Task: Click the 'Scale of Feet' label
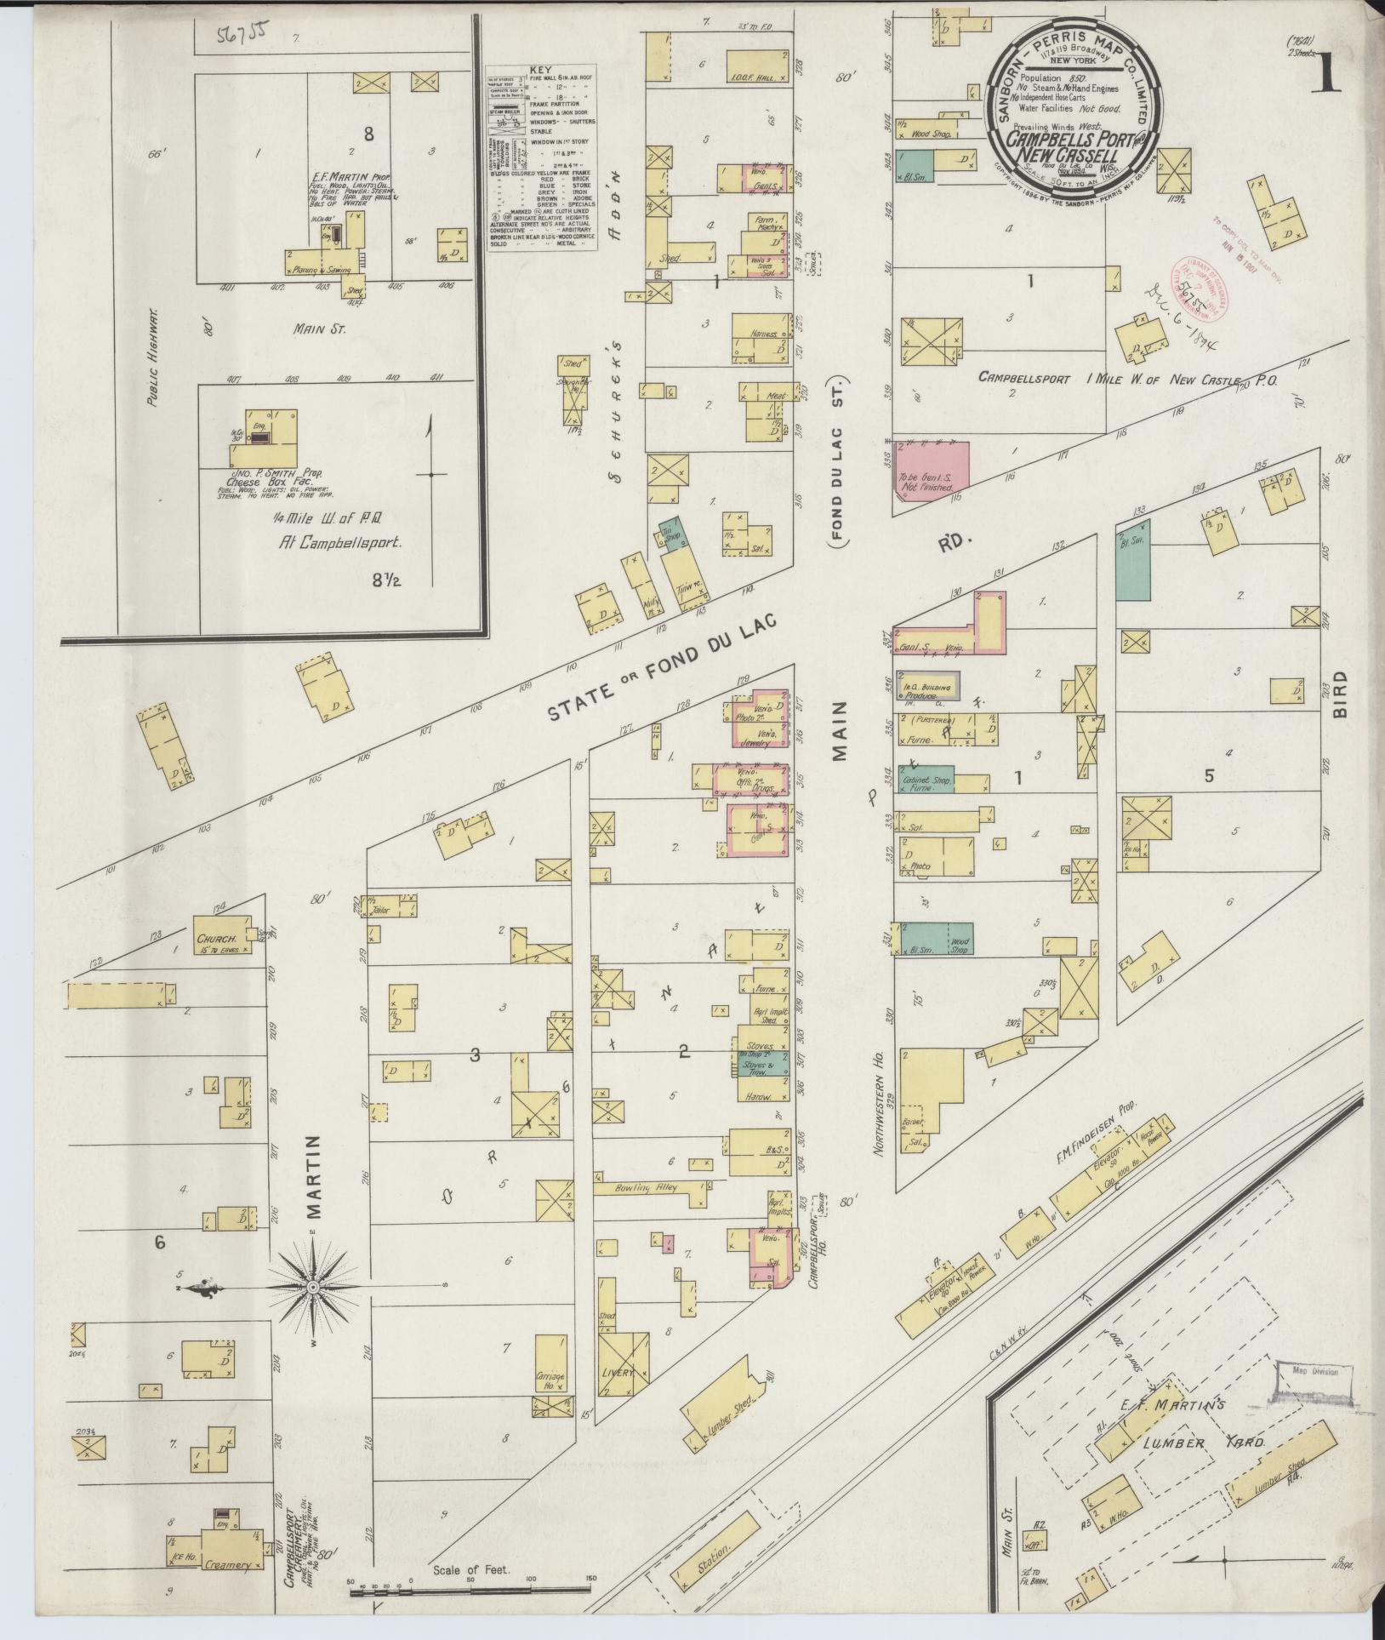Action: click(x=470, y=1569)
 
